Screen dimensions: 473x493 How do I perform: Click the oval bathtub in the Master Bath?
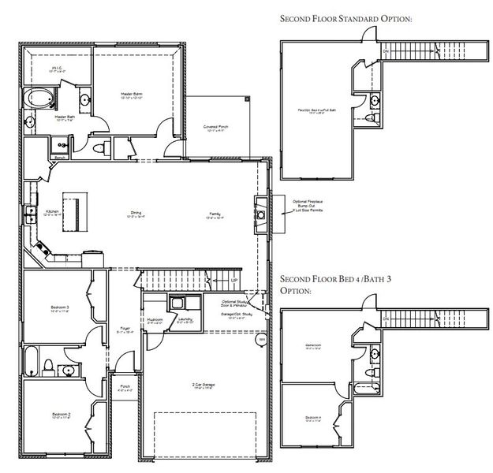point(37,99)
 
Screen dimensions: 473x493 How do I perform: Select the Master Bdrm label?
point(131,95)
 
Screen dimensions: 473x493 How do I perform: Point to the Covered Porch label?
point(215,128)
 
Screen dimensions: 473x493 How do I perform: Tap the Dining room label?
point(135,213)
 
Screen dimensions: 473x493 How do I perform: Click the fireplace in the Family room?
point(260,212)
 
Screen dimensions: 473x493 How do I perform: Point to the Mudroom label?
point(155,320)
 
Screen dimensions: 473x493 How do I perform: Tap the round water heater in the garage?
point(261,339)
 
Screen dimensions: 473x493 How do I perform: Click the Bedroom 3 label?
point(60,308)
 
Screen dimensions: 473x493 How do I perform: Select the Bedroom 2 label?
point(60,415)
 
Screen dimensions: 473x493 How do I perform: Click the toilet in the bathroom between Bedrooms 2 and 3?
point(48,365)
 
